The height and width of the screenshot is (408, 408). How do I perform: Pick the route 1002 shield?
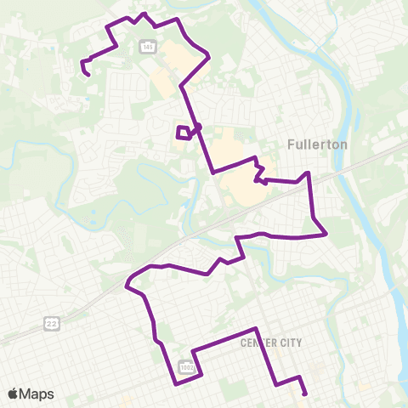click(x=186, y=366)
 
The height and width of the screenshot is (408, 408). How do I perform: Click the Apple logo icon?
click(x=14, y=394)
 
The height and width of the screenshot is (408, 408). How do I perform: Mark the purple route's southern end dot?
click(x=304, y=394)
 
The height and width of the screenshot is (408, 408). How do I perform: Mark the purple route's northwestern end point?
click(x=88, y=75)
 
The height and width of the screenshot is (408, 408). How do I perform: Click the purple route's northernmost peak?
click(x=144, y=14)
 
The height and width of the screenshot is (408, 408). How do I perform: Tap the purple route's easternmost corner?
click(x=326, y=234)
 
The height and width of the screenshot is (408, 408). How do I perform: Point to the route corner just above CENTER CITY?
click(x=255, y=328)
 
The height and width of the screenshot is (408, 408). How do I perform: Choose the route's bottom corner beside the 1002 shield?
click(x=176, y=383)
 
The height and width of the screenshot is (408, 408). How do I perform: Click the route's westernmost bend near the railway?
click(x=127, y=286)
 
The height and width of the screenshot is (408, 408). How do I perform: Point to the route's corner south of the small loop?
click(x=212, y=172)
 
